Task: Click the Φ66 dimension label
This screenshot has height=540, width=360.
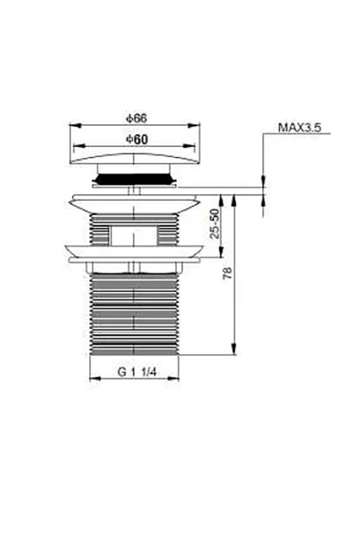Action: pos(136,118)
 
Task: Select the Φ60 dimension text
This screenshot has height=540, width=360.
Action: pos(136,139)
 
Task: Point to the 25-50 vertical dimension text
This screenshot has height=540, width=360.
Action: pos(215,223)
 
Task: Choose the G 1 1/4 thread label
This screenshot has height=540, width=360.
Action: pos(135,372)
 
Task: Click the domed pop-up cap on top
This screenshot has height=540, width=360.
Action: pos(135,161)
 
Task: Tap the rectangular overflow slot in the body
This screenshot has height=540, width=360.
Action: pos(135,234)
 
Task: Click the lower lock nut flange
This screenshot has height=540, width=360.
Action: pos(135,254)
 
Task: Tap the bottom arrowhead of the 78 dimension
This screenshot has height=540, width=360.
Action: pos(235,354)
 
